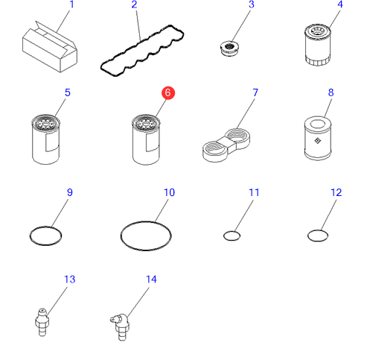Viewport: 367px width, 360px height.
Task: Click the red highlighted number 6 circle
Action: point(168,93)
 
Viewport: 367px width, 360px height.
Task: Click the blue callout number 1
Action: point(71,4)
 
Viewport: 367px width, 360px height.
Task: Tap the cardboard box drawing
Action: point(50,47)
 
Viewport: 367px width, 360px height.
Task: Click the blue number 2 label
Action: point(134,4)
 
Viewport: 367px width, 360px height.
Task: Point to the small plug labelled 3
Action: point(229,48)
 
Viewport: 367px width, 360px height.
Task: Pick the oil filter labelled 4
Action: point(317,45)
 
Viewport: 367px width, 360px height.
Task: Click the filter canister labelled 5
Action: point(46,139)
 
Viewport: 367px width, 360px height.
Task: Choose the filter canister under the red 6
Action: point(146,139)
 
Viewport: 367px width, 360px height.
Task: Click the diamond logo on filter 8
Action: point(318,141)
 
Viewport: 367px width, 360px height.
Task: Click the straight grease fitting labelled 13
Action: point(42,323)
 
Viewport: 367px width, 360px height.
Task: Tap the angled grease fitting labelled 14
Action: point(121,326)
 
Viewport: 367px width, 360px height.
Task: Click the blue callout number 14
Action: point(151,280)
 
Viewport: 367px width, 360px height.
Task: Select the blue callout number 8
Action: point(331,92)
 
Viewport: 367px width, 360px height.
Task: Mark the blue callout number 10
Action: point(169,192)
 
